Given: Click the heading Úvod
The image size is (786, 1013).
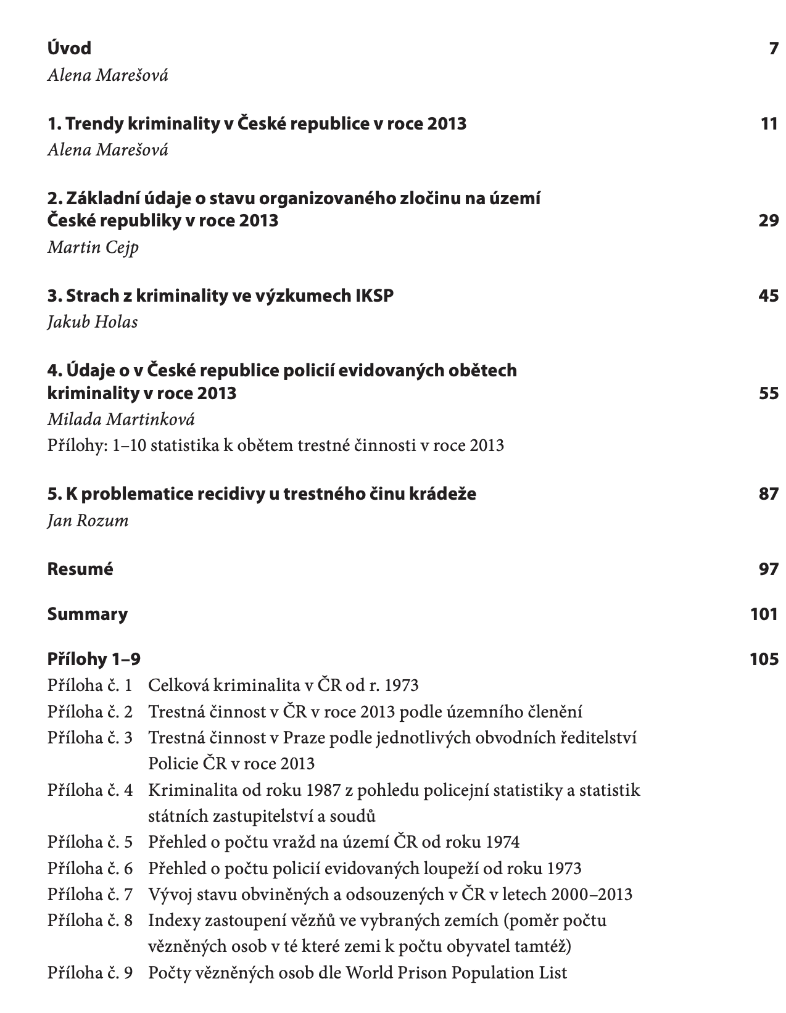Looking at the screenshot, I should (69, 48).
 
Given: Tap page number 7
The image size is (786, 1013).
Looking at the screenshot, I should (774, 48).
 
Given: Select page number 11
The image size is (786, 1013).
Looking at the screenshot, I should (769, 123).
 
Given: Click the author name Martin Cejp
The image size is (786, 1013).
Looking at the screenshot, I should (93, 247).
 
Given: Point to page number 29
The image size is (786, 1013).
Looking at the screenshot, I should (769, 220).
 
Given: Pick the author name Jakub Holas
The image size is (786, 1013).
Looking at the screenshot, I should (93, 322).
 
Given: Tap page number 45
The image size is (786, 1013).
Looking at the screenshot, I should (769, 296).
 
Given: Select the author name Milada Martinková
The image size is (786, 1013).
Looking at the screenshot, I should (121, 420).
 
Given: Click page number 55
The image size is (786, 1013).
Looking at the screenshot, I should (769, 393).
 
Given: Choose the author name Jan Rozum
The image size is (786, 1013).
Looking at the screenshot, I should (88, 520).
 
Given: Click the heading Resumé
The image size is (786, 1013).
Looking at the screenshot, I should (80, 569).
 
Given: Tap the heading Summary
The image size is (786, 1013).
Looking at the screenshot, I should (88, 614).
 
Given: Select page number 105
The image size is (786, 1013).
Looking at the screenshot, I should (764, 659).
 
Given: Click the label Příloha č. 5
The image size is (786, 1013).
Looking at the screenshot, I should (90, 842).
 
